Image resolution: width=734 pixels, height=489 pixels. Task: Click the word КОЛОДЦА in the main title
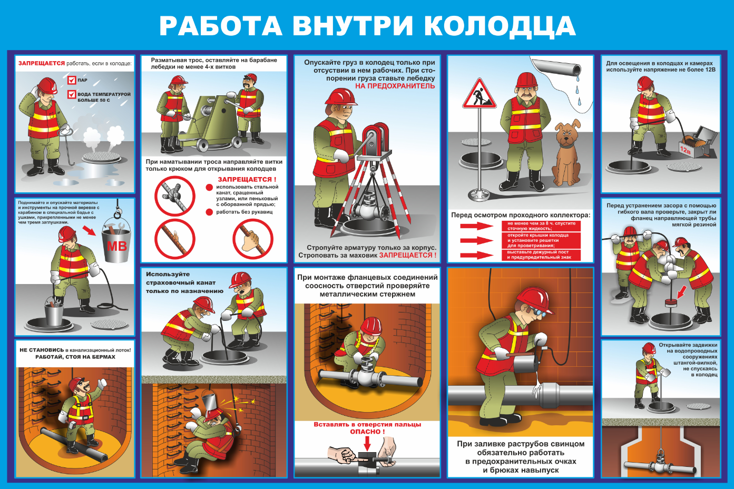pyautogui.click(x=500, y=26)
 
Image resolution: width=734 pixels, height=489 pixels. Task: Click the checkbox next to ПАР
pyautogui.click(x=72, y=80)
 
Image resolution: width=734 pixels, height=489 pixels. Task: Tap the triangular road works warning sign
pyautogui.click(x=479, y=94)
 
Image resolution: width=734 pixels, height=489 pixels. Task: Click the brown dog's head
pyautogui.click(x=567, y=132)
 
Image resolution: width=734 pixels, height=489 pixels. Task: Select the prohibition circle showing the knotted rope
pyautogui.click(x=175, y=196)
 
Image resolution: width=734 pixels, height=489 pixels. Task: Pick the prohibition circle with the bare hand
pyautogui.click(x=252, y=239)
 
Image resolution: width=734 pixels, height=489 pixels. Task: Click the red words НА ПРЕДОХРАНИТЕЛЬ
pyautogui.click(x=395, y=86)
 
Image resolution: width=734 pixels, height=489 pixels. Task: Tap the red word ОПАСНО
pyautogui.click(x=365, y=432)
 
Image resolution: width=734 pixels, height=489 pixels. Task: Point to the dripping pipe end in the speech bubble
pyautogui.click(x=574, y=70)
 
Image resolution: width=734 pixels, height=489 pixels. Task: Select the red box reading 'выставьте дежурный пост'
pyautogui.click(x=541, y=255)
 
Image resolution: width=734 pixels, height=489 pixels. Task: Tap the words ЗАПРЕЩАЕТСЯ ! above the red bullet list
pyautogui.click(x=247, y=179)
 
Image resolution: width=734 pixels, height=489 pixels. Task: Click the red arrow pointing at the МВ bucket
pyautogui.click(x=89, y=230)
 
